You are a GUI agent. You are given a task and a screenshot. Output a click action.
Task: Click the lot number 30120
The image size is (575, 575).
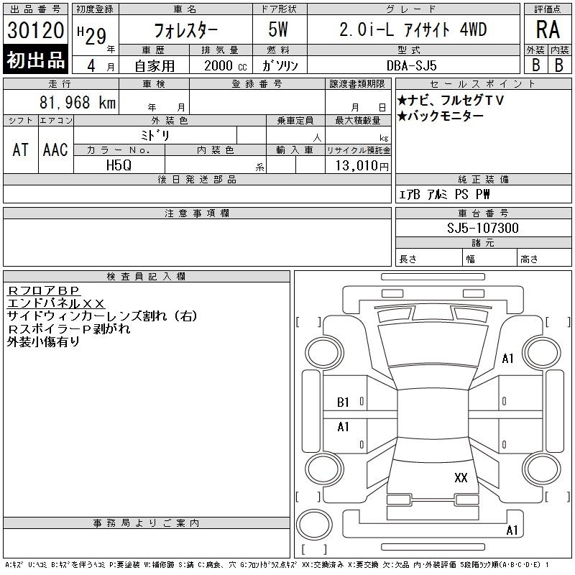(x=35, y=29)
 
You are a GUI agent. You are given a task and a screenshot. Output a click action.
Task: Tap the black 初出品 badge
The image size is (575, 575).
(x=35, y=60)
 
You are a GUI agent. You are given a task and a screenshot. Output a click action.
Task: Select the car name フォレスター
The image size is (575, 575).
(x=185, y=30)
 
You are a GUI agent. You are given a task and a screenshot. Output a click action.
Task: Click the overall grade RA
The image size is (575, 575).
(x=548, y=29)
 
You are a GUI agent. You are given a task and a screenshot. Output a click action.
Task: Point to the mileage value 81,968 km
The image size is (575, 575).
(x=78, y=102)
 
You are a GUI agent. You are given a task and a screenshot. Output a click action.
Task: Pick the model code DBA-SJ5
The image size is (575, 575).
(x=411, y=65)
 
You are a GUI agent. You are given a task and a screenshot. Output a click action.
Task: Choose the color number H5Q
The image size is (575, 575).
(x=119, y=165)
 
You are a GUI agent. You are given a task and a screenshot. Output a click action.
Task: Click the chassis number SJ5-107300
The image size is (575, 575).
(x=482, y=228)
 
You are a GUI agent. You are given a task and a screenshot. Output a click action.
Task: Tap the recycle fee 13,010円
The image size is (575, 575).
(x=362, y=166)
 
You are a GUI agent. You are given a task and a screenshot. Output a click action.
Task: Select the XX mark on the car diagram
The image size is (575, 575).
(x=461, y=477)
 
